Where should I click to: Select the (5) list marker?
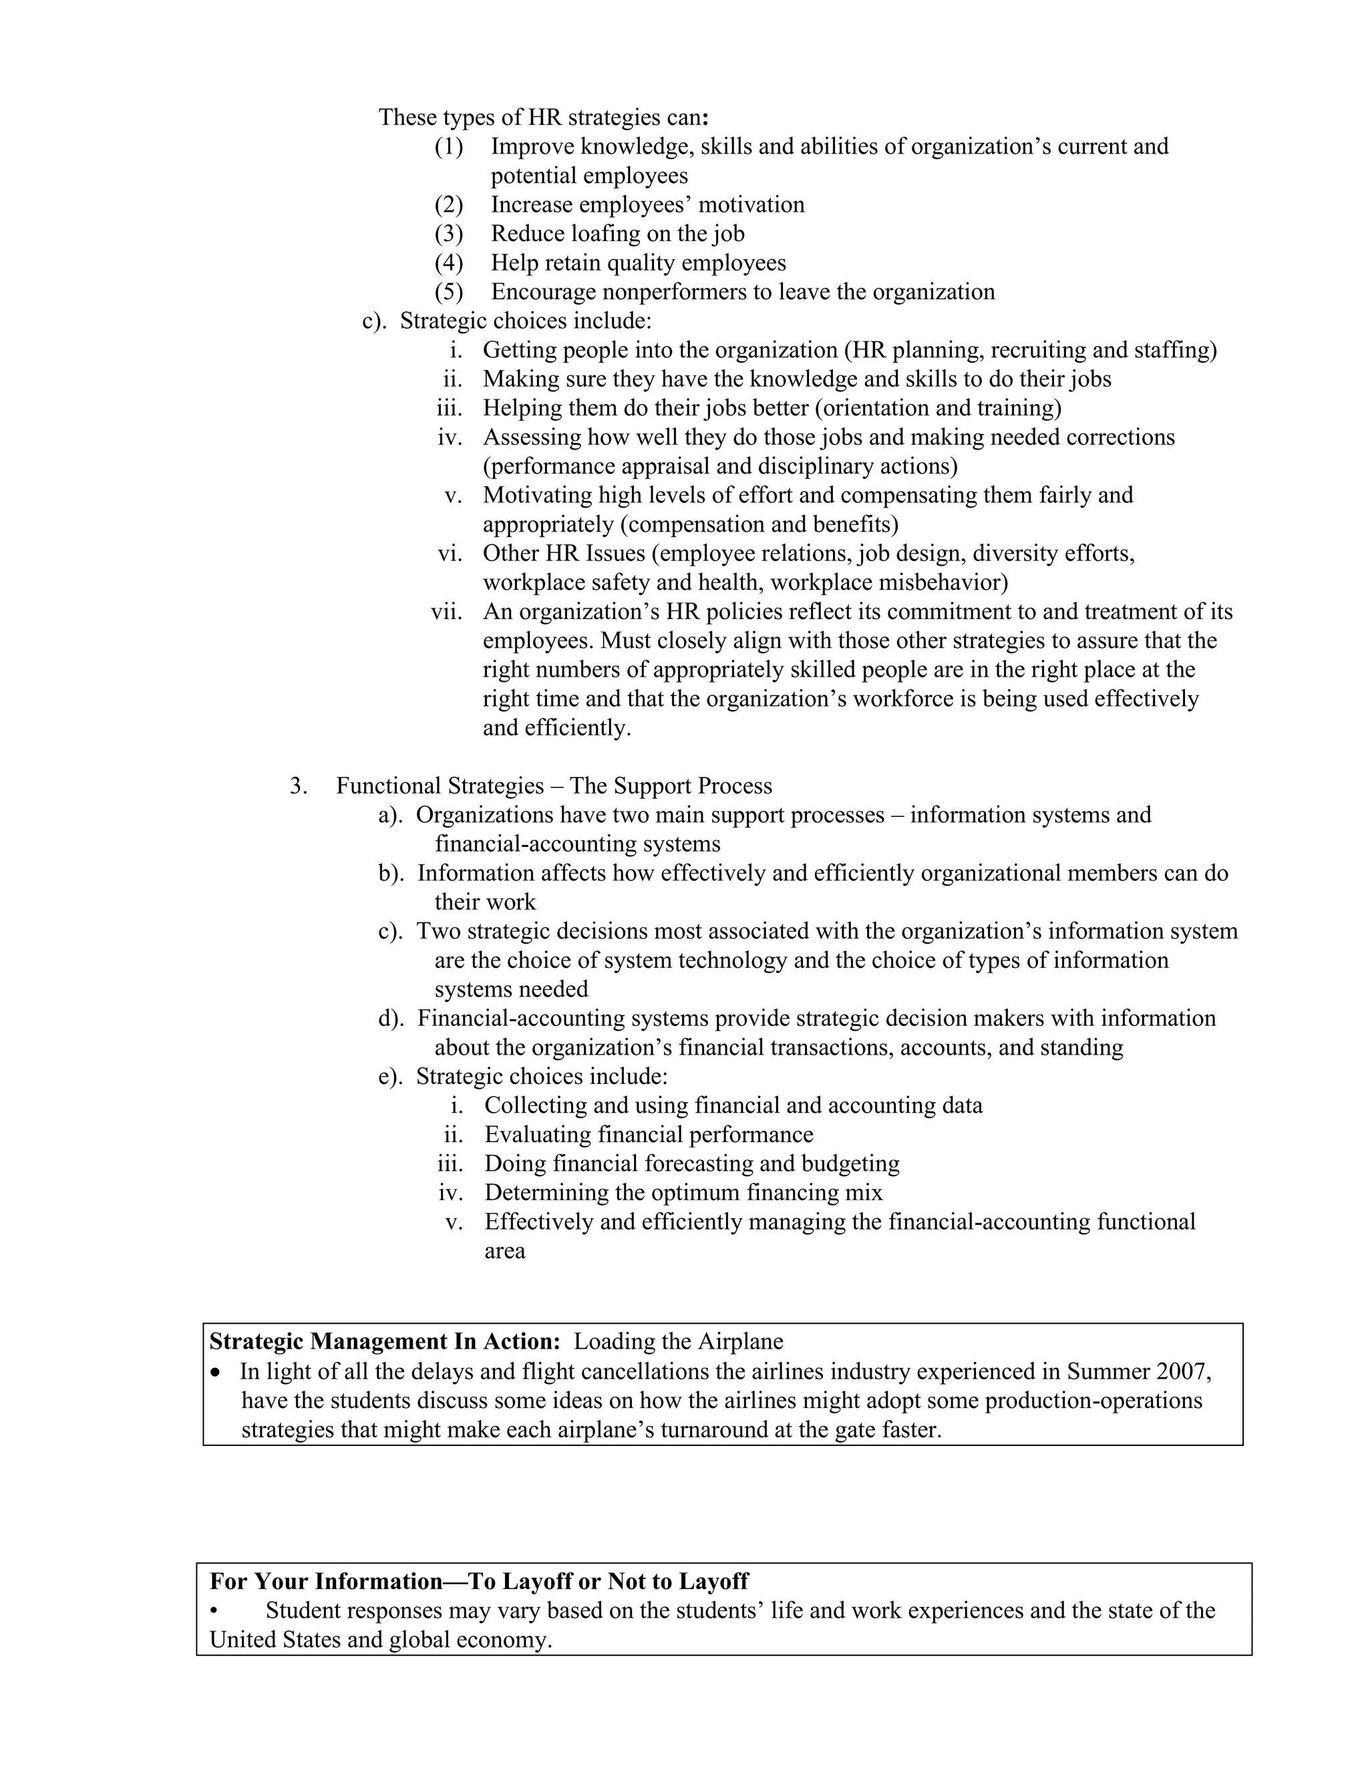click(x=449, y=292)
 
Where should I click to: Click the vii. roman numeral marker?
click(x=447, y=611)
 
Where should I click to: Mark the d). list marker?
click(x=391, y=1018)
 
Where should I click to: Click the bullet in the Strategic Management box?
click(x=215, y=1372)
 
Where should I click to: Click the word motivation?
click(x=751, y=204)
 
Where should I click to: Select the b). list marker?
click(x=391, y=873)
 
